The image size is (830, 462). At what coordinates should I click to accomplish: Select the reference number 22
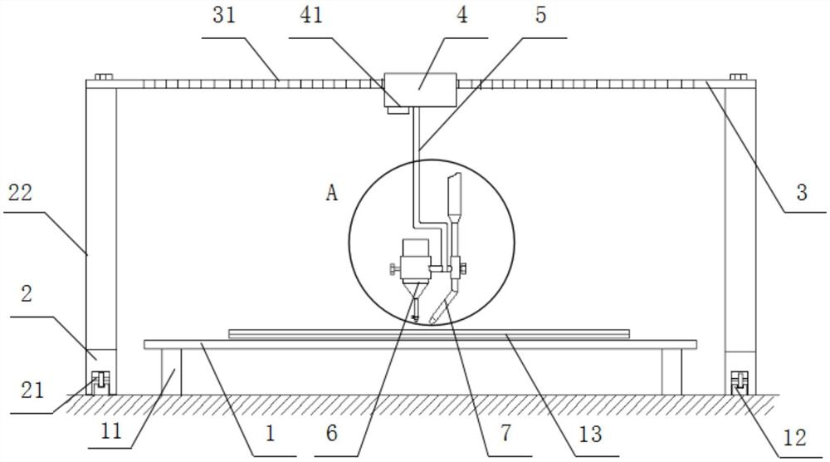[x=19, y=192]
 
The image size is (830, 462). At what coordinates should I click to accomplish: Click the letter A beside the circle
[x=332, y=194]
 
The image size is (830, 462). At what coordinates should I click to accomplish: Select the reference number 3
[x=801, y=194]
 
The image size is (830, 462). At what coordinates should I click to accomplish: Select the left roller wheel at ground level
[x=98, y=383]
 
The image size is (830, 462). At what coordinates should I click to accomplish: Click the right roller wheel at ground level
[x=736, y=383]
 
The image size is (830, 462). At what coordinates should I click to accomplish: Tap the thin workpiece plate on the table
[x=428, y=333]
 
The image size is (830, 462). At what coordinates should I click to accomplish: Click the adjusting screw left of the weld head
[x=393, y=269]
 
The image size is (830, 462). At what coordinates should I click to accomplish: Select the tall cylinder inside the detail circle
[x=454, y=194]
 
